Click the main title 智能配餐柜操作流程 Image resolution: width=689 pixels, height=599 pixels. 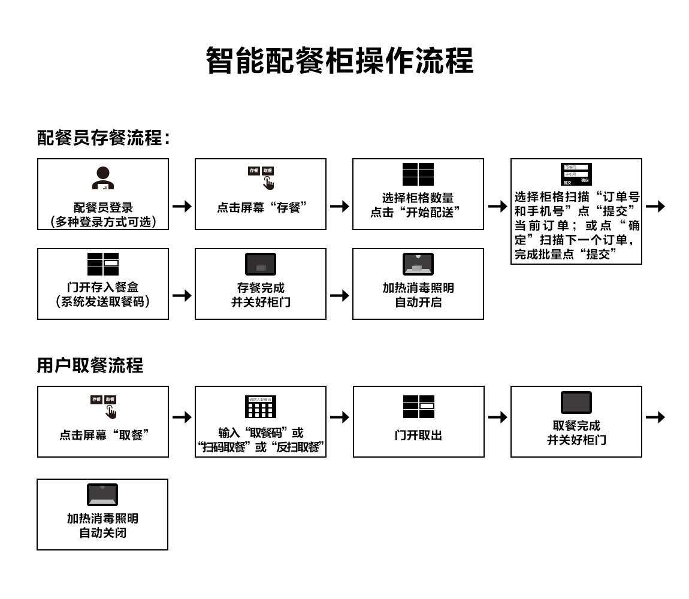(x=340, y=60)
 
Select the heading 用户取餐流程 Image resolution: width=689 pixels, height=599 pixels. (x=90, y=365)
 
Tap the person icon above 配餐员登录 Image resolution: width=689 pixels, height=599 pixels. (x=102, y=178)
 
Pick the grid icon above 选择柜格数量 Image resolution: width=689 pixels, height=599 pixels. (x=418, y=174)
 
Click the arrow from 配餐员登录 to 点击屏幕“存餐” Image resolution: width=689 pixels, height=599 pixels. (x=182, y=206)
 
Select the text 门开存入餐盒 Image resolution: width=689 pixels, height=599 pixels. (x=102, y=288)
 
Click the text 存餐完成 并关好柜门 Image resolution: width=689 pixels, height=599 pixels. (x=261, y=295)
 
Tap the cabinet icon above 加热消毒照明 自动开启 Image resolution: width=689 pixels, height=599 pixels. (x=418, y=264)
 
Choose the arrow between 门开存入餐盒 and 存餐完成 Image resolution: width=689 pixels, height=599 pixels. (x=182, y=295)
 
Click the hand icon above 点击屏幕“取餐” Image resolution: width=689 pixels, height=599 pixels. (x=111, y=412)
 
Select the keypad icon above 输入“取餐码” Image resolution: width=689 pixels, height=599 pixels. (x=261, y=407)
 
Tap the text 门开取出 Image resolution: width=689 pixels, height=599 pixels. (x=418, y=435)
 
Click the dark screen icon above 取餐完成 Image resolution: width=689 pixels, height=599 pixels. (x=576, y=403)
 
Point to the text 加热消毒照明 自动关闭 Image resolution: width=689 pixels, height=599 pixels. (x=102, y=525)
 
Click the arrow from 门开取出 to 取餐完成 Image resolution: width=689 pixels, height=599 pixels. (x=497, y=417)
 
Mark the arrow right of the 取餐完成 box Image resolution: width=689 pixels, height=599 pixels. (x=655, y=417)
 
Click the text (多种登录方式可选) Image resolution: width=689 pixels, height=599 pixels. (x=102, y=222)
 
